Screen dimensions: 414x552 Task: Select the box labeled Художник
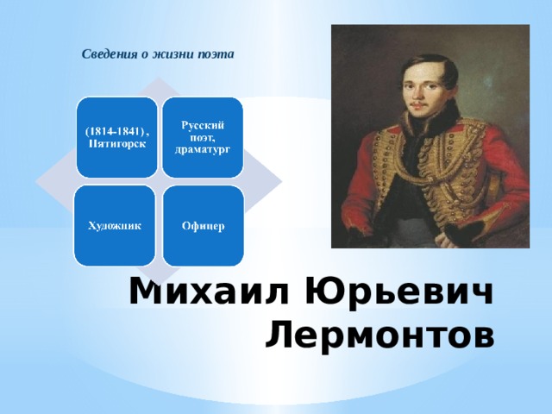115,225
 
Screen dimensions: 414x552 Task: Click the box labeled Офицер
204,225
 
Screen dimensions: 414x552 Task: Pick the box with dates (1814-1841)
116,135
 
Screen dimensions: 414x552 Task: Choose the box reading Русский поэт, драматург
204,135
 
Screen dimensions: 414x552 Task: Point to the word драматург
204,149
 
